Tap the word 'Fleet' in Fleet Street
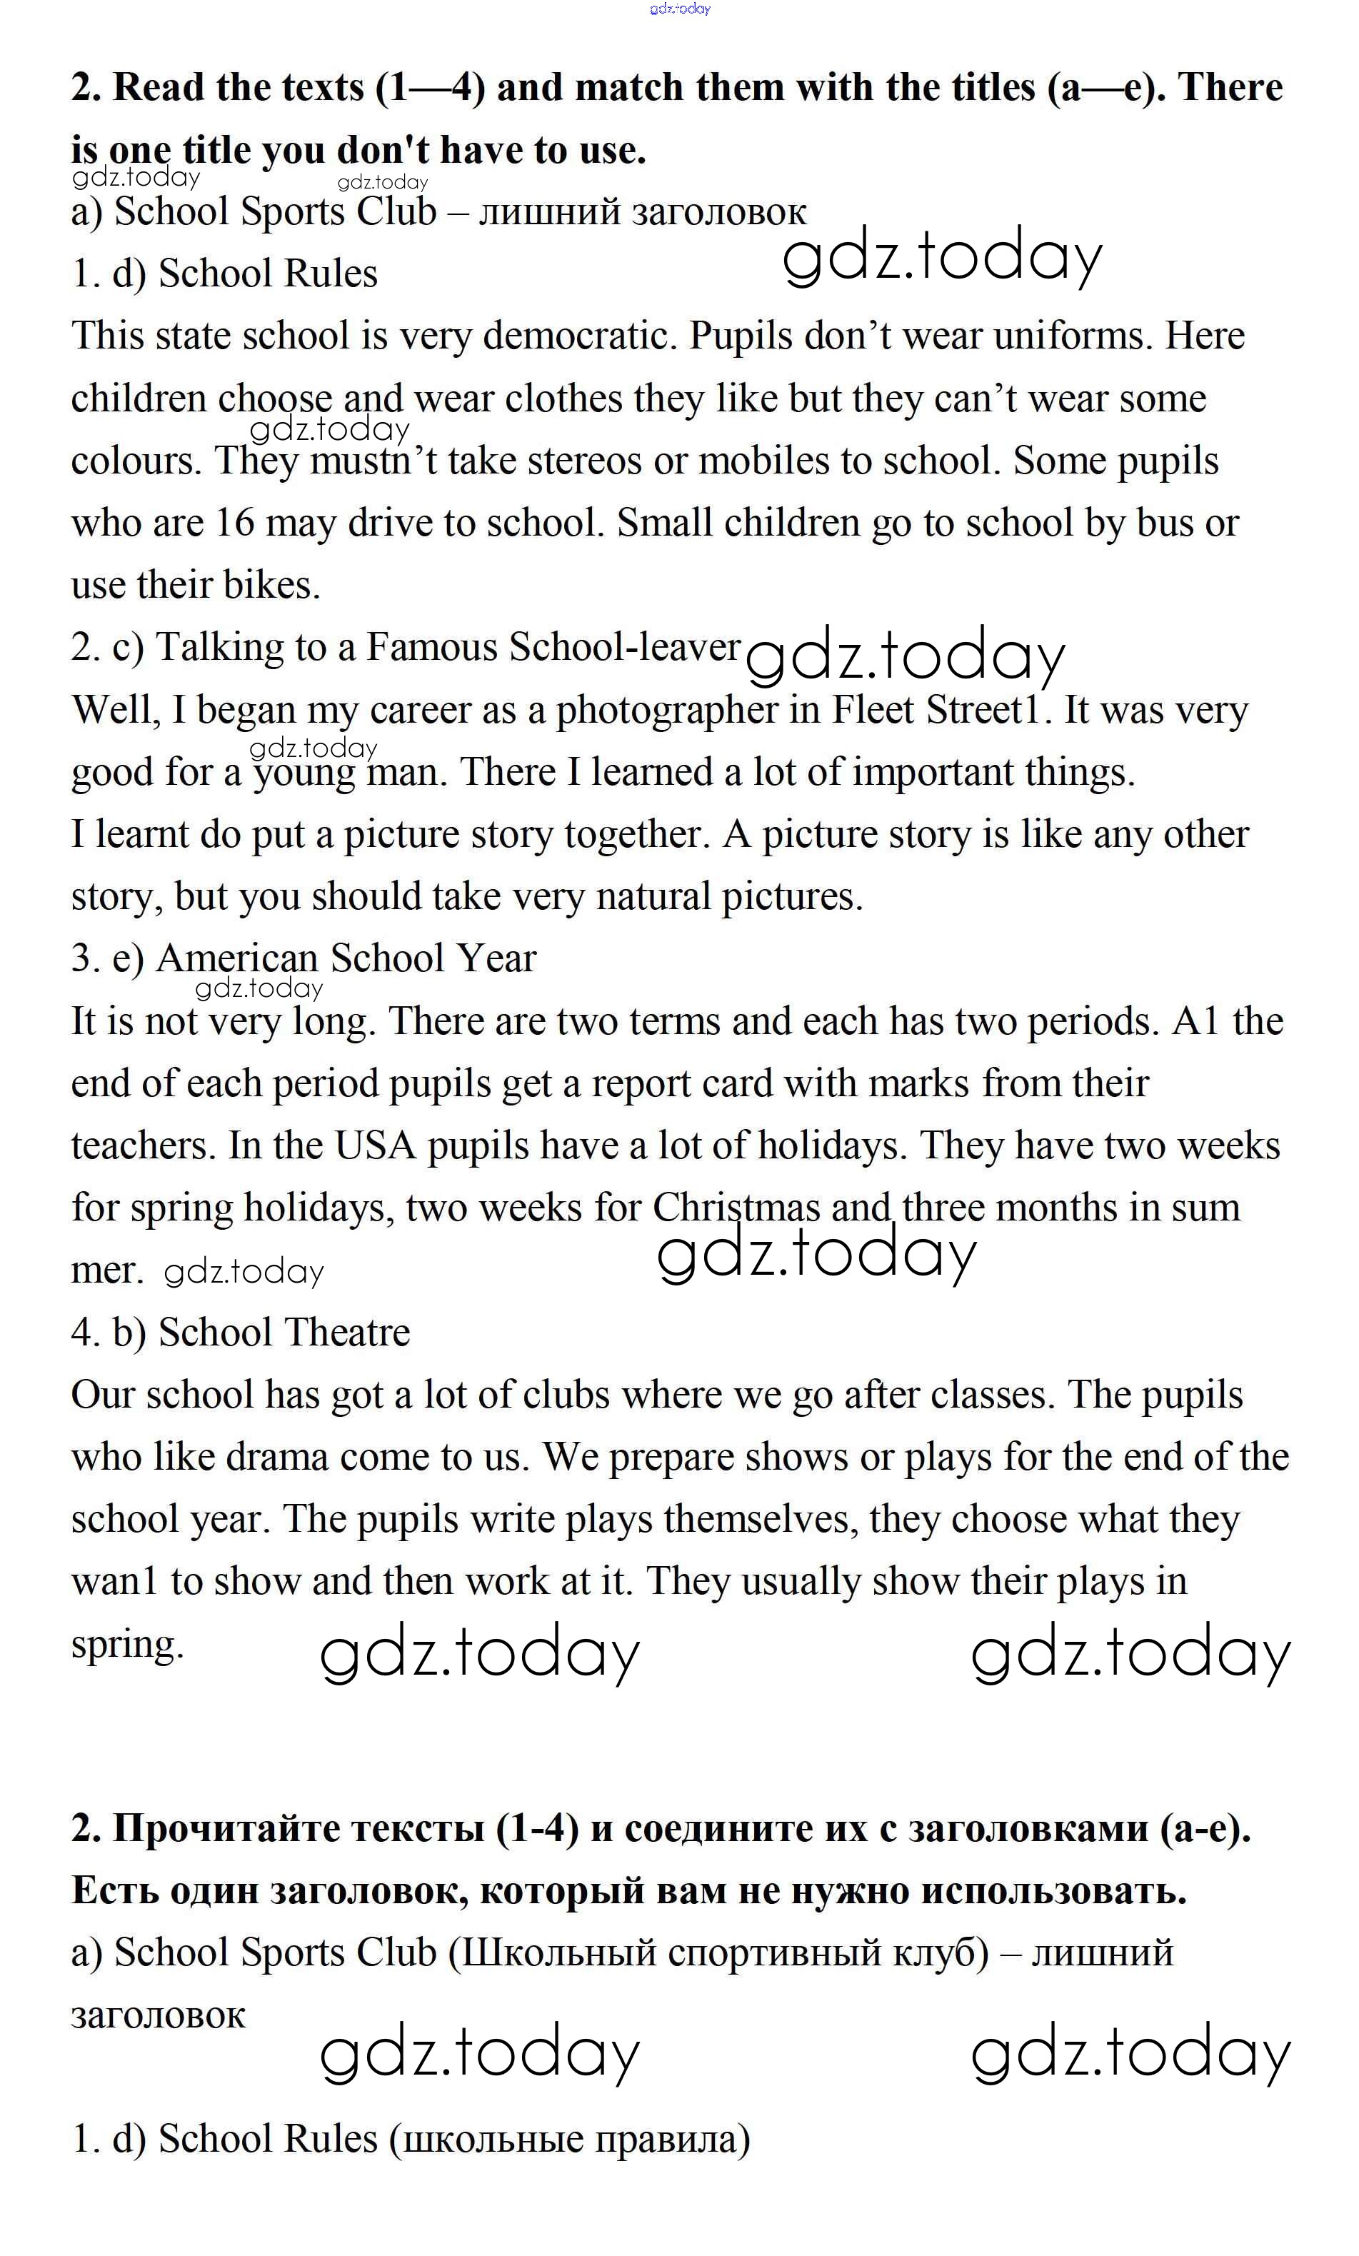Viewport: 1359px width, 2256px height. (873, 710)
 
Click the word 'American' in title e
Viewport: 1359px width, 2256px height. (236, 958)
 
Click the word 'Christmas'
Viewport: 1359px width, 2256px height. (736, 1208)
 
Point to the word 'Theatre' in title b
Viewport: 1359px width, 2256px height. (349, 1332)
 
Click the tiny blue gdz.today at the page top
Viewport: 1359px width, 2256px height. (680, 9)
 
